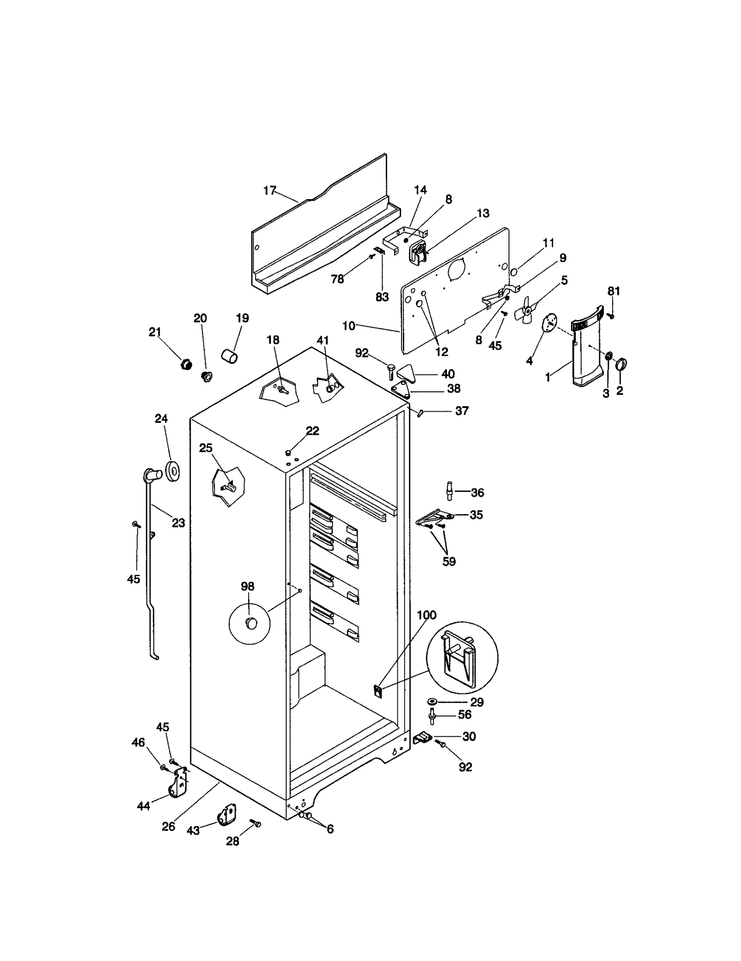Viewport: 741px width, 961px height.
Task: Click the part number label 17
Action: coord(269,190)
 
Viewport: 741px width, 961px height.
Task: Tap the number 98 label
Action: coord(247,586)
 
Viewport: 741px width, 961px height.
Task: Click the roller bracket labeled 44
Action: coord(178,786)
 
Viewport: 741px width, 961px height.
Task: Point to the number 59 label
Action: coord(449,561)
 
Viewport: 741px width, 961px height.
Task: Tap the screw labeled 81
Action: coord(611,315)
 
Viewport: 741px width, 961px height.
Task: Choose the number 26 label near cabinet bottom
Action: coord(168,826)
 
